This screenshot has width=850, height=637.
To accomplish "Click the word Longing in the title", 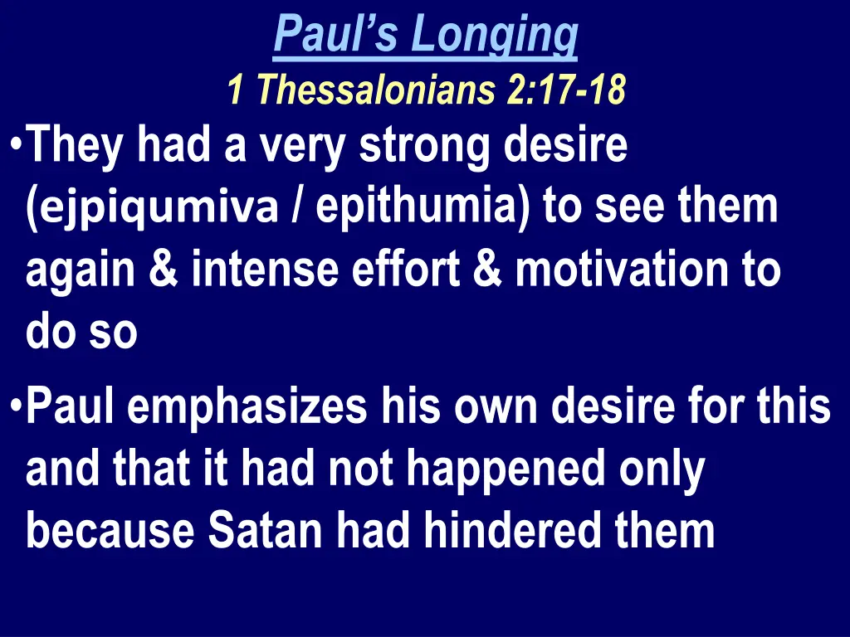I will click(x=496, y=35).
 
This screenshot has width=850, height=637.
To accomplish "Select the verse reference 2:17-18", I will click(x=564, y=90).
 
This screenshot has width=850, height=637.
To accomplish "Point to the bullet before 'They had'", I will click(x=17, y=144).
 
